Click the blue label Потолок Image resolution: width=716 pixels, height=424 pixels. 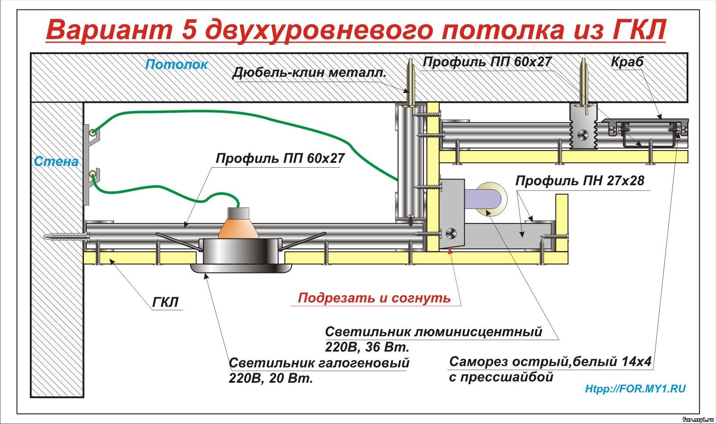pyautogui.click(x=176, y=65)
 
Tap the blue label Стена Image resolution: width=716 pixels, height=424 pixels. pyautogui.click(x=56, y=162)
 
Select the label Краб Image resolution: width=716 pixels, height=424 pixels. pyautogui.click(x=627, y=62)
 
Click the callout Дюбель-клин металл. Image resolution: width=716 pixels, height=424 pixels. pyautogui.click(x=309, y=72)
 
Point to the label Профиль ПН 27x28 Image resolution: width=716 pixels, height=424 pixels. pyautogui.click(x=580, y=180)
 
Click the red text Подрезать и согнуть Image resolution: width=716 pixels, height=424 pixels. pyautogui.click(x=374, y=298)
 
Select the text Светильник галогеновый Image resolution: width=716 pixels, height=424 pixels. pyautogui.click(x=319, y=363)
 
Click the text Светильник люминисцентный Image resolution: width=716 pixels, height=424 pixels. pyautogui.click(x=434, y=331)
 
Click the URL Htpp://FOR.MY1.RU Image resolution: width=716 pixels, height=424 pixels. pyautogui.click(x=635, y=388)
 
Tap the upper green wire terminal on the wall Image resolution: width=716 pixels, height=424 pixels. pyautogui.click(x=91, y=132)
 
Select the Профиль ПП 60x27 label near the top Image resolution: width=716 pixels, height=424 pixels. pyautogui.click(x=487, y=62)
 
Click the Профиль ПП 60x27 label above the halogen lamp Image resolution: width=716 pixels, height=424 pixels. pyautogui.click(x=280, y=158)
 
